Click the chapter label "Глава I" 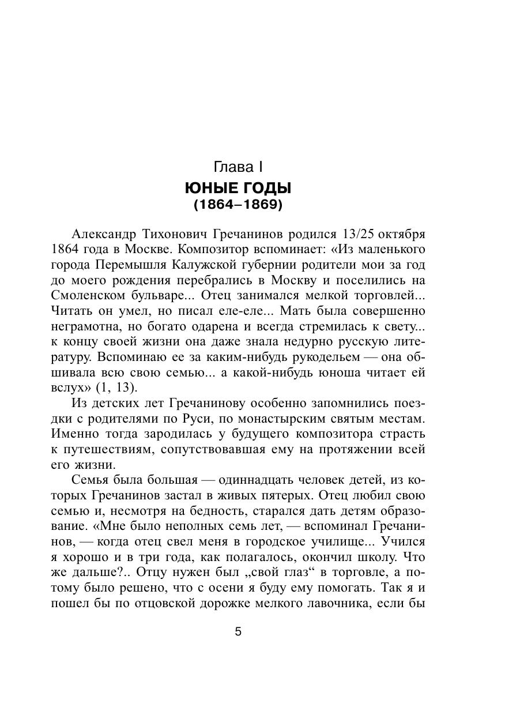[x=238, y=167]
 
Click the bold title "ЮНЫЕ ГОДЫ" [x=238, y=188]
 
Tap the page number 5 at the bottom [x=238, y=631]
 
